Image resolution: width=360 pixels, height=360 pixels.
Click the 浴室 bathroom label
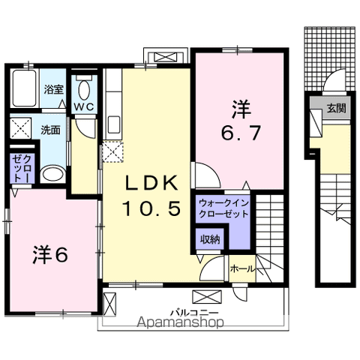54,89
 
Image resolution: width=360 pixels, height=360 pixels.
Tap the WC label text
84,106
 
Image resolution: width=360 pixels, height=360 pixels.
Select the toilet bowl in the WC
84,90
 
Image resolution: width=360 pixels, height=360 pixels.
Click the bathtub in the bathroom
25,88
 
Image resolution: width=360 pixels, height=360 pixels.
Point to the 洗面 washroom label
50,130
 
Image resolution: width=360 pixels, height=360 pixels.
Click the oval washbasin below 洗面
52,173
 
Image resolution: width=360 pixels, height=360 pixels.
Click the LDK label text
151,183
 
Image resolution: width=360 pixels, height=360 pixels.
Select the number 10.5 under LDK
151,208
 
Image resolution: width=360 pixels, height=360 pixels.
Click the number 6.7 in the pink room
241,133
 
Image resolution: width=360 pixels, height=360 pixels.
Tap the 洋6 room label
50,255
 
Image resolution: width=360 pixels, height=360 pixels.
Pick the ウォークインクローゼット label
223,208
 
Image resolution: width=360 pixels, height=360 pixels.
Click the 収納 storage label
210,239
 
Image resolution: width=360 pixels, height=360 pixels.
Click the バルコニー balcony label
194,313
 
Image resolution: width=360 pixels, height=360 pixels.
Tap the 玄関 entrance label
336,108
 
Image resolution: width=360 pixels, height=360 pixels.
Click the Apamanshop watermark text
181,322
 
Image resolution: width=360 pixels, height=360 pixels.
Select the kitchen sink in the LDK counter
114,125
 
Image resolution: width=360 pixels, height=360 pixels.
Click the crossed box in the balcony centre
207,297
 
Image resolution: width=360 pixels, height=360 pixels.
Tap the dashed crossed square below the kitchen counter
112,151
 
